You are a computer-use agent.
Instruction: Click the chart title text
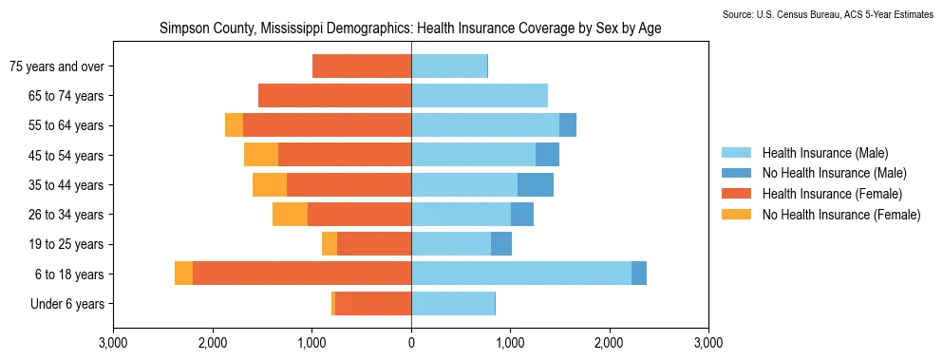click(411, 28)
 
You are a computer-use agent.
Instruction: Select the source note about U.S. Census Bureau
click(832, 14)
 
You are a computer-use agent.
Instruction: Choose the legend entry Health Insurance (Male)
click(825, 153)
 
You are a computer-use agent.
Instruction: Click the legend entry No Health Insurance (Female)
click(841, 215)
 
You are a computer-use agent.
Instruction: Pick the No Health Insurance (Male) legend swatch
click(736, 174)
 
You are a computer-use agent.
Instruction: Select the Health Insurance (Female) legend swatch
click(736, 194)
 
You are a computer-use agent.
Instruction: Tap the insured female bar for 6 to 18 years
click(302, 274)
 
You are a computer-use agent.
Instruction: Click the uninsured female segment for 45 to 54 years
click(261, 155)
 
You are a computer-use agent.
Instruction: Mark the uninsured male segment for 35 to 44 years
click(536, 185)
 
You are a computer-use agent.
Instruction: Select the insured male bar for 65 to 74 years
click(480, 96)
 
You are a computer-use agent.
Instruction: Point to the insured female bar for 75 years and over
click(362, 66)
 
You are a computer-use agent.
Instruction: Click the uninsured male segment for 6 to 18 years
click(639, 274)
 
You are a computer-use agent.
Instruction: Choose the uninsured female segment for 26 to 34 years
click(290, 215)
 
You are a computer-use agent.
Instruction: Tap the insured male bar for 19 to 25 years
click(451, 244)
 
